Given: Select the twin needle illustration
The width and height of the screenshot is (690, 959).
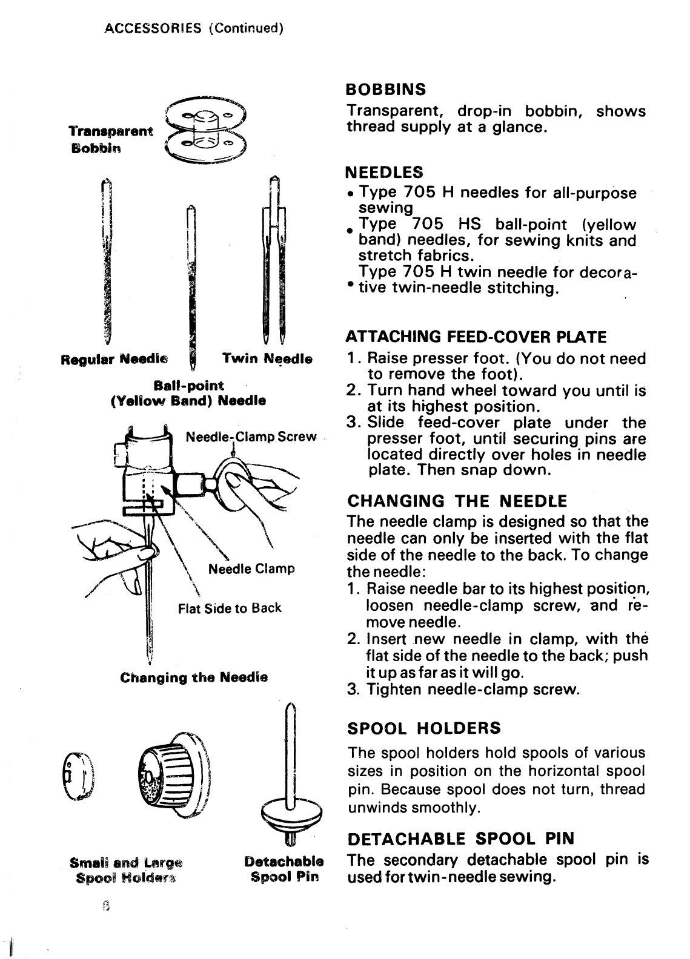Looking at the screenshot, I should point(273,260).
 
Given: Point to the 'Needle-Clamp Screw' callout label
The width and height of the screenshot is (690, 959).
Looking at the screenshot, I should point(251,437).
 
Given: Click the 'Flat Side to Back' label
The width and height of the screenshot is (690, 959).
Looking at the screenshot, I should point(230,608).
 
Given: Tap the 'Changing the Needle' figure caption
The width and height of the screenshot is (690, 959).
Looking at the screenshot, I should point(194,676).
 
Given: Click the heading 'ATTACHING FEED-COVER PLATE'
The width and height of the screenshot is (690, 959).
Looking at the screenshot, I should point(476,336).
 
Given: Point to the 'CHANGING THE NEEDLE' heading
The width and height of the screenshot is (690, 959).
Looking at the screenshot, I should point(457,501).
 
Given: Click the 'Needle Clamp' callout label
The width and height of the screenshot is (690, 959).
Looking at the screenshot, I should point(251,568).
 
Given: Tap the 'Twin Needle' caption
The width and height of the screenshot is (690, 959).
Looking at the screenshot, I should point(267,359).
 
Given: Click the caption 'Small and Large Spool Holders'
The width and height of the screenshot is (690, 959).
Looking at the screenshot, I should point(126,869).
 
